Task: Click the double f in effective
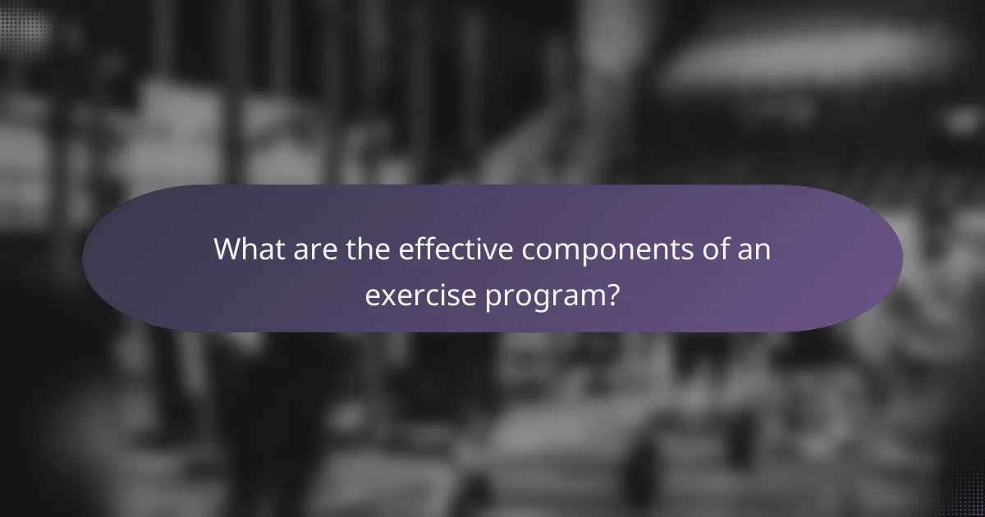(x=419, y=249)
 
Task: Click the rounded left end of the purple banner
(x=107, y=258)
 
